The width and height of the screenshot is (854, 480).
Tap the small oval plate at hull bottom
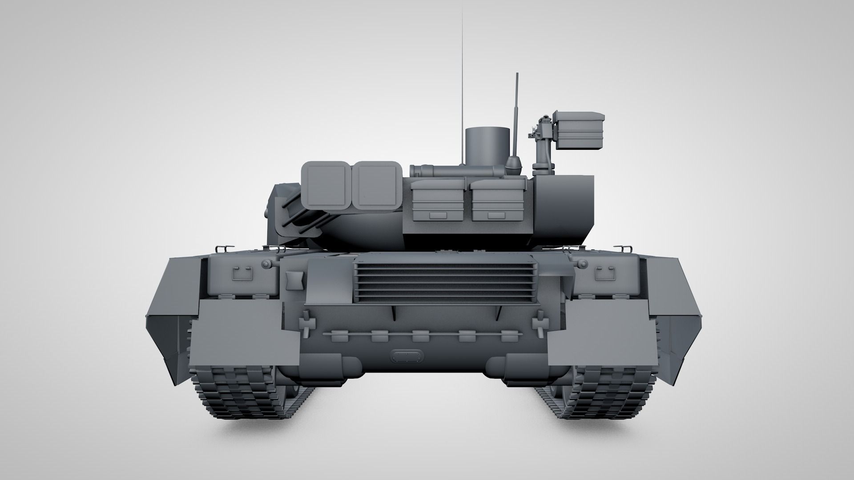405,356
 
